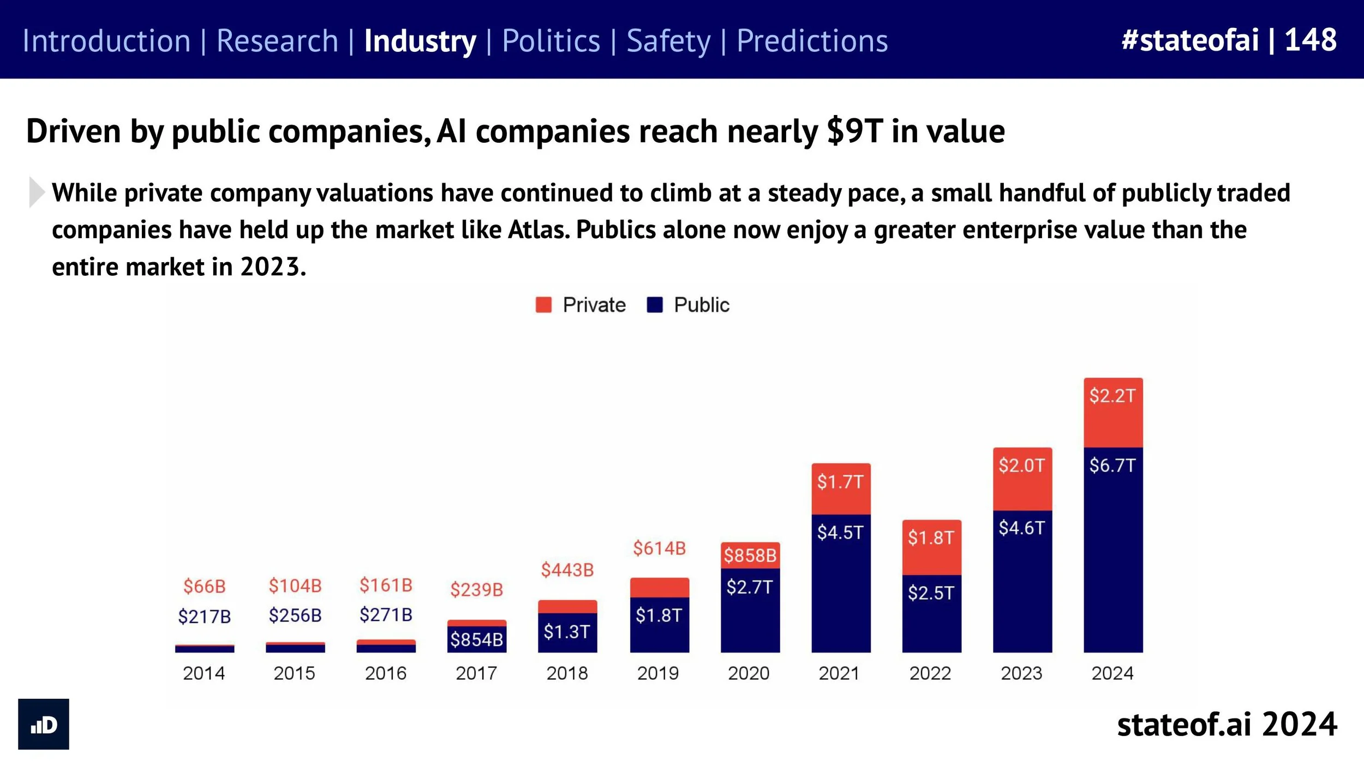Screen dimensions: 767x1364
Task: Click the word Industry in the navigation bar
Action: coord(420,41)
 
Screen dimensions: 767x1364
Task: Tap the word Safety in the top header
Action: coord(668,41)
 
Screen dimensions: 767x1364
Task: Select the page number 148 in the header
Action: coord(1311,40)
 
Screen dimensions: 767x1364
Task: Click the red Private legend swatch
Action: coord(543,305)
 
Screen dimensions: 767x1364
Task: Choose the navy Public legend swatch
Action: coord(655,305)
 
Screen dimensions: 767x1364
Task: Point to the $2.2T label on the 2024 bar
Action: coord(1112,396)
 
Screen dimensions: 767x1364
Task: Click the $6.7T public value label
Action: coord(1112,466)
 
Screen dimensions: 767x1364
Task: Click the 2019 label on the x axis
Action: coord(658,673)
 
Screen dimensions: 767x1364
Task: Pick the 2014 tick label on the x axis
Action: coord(204,673)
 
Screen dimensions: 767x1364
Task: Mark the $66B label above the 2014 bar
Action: coord(205,587)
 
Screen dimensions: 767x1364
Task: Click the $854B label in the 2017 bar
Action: coord(476,639)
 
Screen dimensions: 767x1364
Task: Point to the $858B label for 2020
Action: coord(750,555)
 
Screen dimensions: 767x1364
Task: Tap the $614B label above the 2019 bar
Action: coord(659,548)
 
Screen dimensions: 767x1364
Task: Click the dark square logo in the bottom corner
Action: coord(44,724)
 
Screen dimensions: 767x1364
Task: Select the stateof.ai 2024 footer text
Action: coord(1227,724)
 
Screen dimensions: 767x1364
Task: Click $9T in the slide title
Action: coord(854,131)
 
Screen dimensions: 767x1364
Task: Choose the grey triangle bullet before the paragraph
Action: coord(36,192)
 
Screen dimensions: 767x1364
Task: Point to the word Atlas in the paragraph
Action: coord(539,230)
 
